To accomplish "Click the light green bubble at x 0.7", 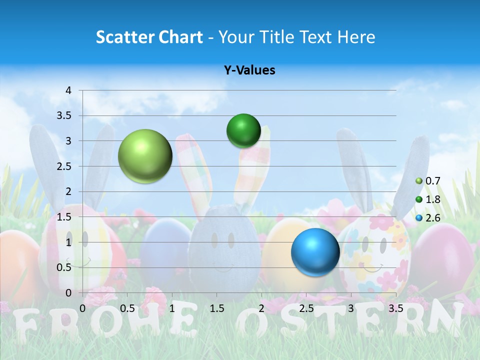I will (145, 156).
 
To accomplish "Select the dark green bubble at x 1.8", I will (243, 130).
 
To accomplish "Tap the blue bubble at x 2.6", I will (315, 252).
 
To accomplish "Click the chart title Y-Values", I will (249, 70).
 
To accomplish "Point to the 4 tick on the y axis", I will (69, 90).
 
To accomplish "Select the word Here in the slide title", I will (356, 37).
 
